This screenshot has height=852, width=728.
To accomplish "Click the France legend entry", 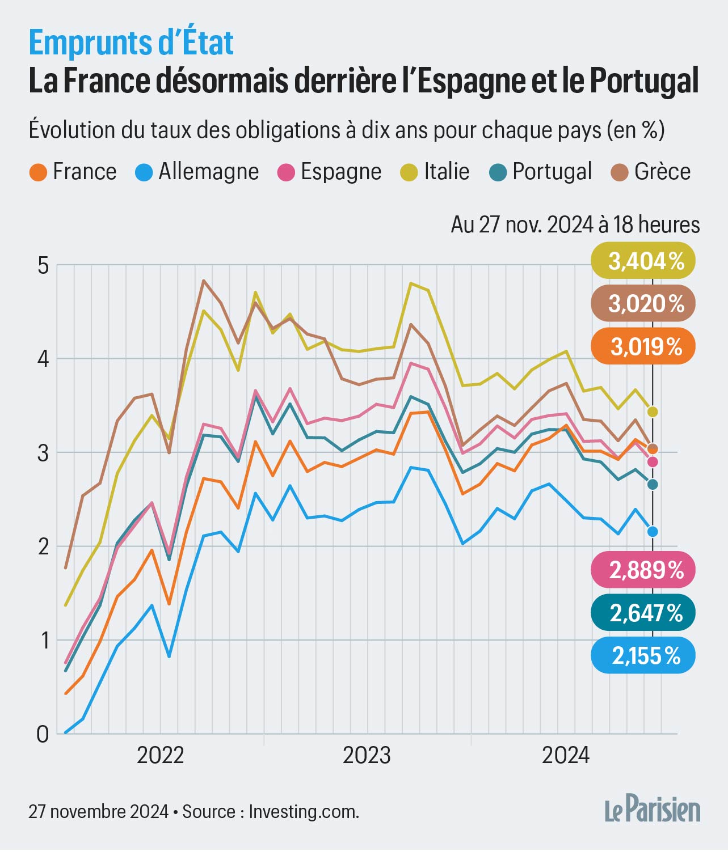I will [x=73, y=172].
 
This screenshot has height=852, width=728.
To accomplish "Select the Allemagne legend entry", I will [x=197, y=172].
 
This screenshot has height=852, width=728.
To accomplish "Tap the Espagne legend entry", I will [x=330, y=172].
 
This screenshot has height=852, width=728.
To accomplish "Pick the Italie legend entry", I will [x=436, y=172].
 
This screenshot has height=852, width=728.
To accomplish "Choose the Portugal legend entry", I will [x=541, y=172].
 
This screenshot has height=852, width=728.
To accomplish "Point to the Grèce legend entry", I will [x=651, y=172].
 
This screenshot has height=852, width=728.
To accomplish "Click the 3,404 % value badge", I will [x=643, y=261].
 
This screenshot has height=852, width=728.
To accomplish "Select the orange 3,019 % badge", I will [x=643, y=346].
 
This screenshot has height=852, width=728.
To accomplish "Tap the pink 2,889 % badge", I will [x=643, y=570].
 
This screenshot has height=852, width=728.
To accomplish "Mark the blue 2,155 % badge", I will [x=643, y=656].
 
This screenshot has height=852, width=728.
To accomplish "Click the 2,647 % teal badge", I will [x=643, y=613].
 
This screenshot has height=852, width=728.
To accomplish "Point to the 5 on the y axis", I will [x=43, y=265].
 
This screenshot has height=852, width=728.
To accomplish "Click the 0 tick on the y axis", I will [x=43, y=734].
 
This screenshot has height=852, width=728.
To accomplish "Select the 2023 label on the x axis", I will [x=367, y=756].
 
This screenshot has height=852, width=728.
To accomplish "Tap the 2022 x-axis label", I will [x=161, y=756].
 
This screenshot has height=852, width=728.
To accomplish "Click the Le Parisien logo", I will [x=653, y=811].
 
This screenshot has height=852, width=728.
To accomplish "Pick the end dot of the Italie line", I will [x=653, y=412].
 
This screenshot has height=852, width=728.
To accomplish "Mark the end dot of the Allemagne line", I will [x=653, y=531].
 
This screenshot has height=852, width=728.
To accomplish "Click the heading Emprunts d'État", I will [x=131, y=43].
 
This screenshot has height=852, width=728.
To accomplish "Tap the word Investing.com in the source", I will [x=304, y=812].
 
